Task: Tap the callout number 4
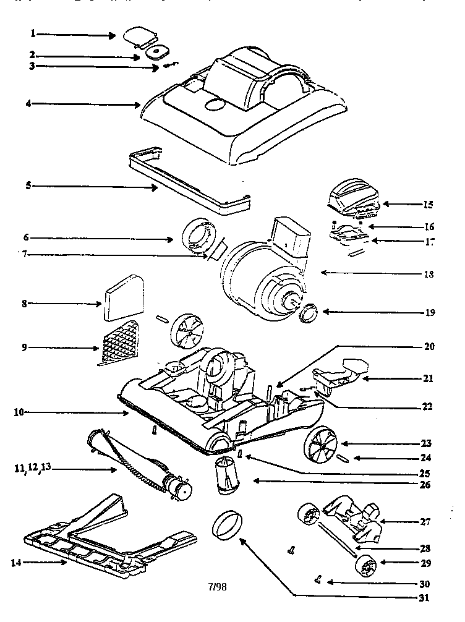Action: point(28,103)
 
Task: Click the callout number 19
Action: point(430,312)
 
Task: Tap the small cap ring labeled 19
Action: point(307,314)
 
